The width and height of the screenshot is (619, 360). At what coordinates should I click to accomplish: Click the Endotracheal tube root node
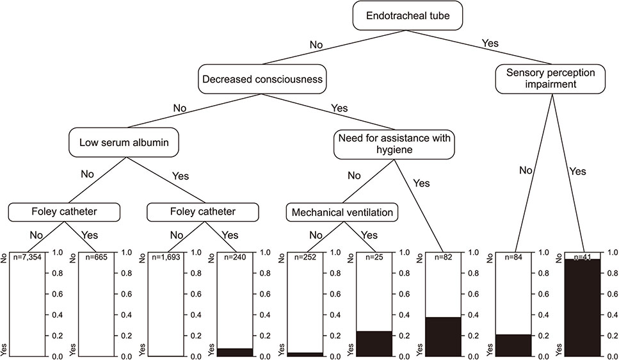pyautogui.click(x=407, y=15)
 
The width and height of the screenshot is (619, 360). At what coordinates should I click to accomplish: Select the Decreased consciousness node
pyautogui.click(x=262, y=79)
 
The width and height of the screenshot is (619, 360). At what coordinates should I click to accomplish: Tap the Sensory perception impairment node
pyautogui.click(x=551, y=79)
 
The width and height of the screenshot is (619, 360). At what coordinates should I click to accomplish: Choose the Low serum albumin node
pyautogui.click(x=124, y=142)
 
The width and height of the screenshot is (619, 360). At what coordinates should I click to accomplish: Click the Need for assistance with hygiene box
pyautogui.click(x=394, y=144)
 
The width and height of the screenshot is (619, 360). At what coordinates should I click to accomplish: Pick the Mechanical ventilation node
pyautogui.click(x=342, y=212)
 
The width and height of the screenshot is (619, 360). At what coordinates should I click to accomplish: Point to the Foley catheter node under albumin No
pyautogui.click(x=64, y=212)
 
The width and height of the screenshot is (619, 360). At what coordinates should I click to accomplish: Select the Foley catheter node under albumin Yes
pyautogui.click(x=203, y=212)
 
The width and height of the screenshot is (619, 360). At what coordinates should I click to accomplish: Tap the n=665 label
pyautogui.click(x=96, y=258)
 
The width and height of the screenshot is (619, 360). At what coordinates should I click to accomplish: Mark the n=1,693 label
pyautogui.click(x=166, y=258)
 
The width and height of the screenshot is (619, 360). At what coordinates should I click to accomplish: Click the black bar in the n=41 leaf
pyautogui.click(x=583, y=307)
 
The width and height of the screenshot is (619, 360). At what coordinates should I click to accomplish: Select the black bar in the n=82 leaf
pyautogui.click(x=444, y=337)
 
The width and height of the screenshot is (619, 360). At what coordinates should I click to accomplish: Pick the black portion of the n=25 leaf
pyautogui.click(x=374, y=344)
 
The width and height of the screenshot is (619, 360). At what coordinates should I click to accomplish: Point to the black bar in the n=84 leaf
pyautogui.click(x=513, y=345)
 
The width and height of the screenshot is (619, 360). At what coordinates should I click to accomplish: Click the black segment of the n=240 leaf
pyautogui.click(x=235, y=352)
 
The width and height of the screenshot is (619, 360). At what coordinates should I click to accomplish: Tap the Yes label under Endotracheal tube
pyautogui.click(x=490, y=43)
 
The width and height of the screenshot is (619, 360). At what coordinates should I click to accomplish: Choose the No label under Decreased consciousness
pyautogui.click(x=180, y=108)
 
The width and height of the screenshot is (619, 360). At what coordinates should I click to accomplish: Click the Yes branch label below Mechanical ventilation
pyautogui.click(x=369, y=235)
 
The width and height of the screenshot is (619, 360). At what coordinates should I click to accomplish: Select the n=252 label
pyautogui.click(x=305, y=258)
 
